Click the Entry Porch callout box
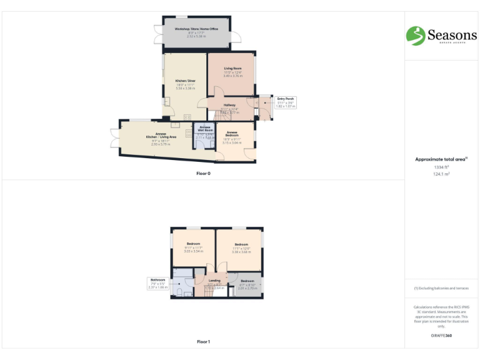pos(286,102)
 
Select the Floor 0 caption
pos(203,174)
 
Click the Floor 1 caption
pos(203,342)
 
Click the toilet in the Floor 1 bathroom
pos(179,292)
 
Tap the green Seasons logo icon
pos(415,35)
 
